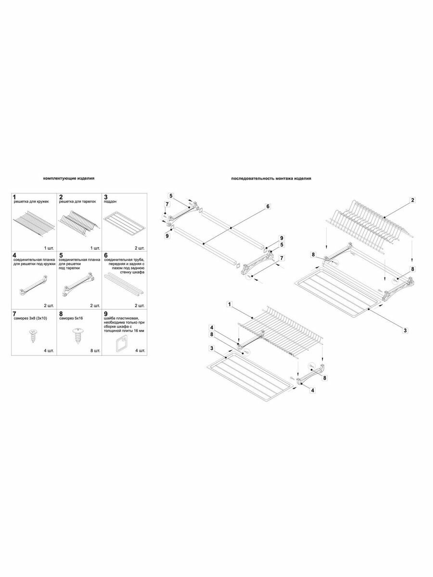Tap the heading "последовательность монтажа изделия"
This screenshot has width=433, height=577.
pos(271,178)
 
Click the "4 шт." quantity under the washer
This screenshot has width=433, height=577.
pos(140,351)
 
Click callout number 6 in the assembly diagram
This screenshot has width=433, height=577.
pos(268,206)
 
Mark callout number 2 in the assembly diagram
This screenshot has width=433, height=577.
pos(413,200)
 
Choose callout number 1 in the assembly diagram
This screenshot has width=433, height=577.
pos(230,304)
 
